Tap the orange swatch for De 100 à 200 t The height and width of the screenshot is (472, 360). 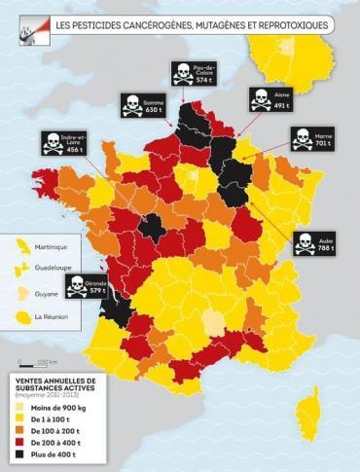[19, 426]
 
